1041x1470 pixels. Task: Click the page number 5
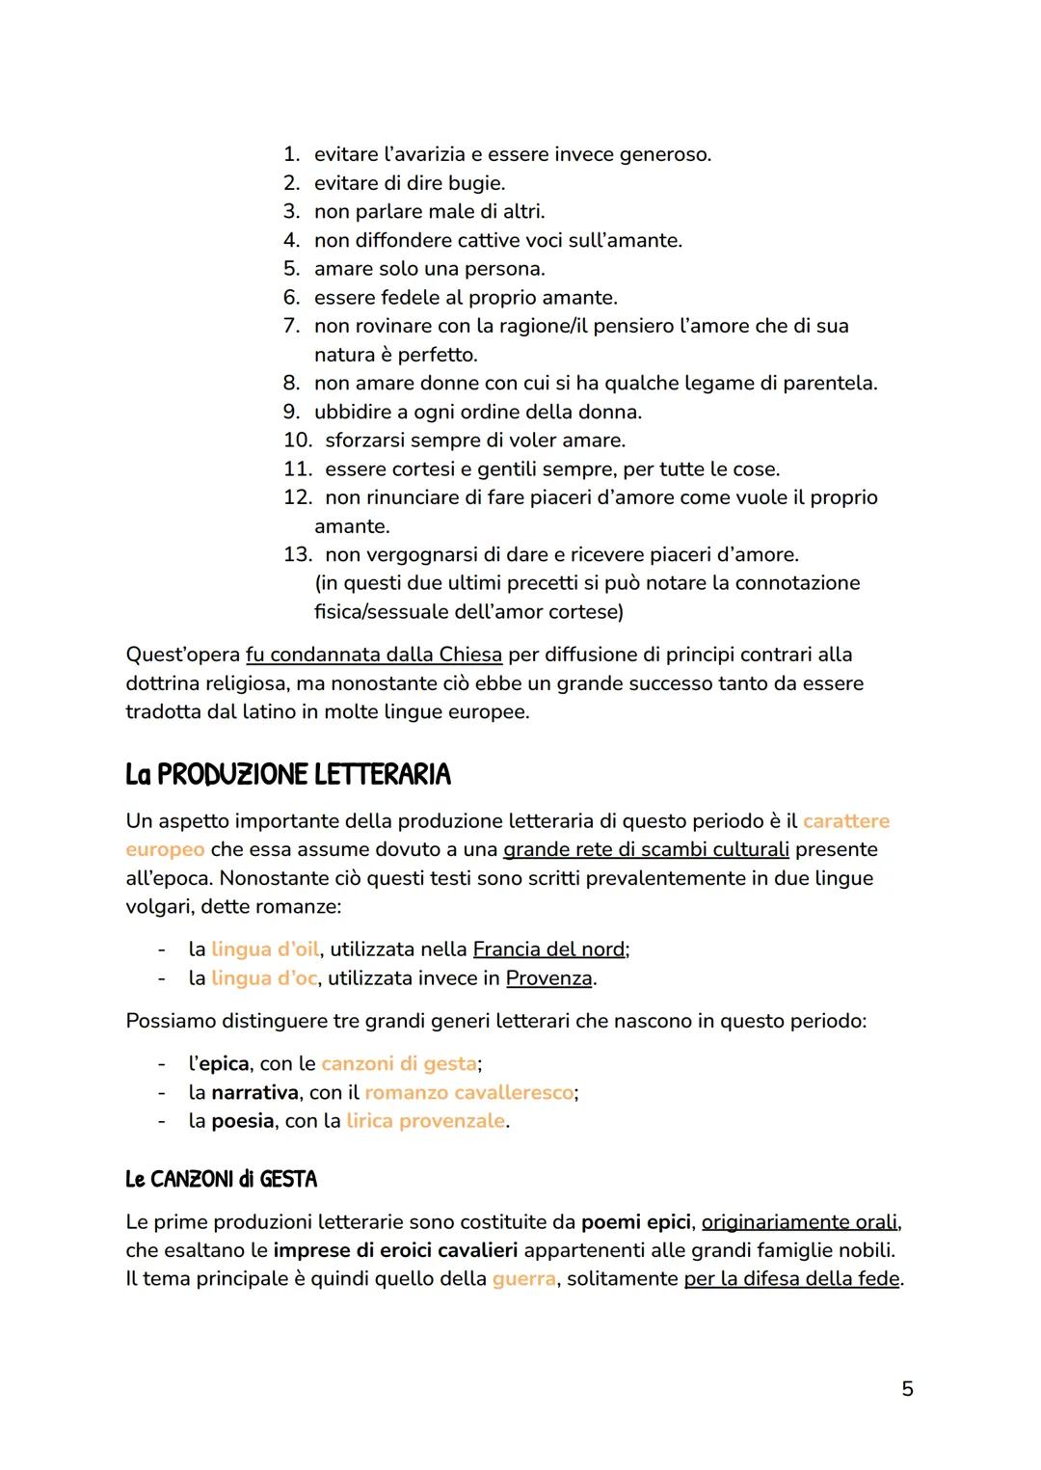(x=906, y=1389)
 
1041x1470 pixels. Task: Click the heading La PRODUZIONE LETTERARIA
(x=287, y=774)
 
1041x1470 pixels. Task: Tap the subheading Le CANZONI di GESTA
(x=221, y=1179)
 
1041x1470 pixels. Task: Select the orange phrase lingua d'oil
(x=265, y=949)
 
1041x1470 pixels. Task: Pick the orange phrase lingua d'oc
(x=264, y=978)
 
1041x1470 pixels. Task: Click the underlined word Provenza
(x=548, y=978)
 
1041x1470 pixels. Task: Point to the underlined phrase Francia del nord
(x=548, y=949)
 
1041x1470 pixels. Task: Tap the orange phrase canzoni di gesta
(x=399, y=1063)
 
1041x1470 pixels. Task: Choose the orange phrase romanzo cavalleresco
(x=468, y=1092)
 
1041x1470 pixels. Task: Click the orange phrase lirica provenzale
(x=425, y=1121)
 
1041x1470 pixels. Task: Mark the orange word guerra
(x=523, y=1279)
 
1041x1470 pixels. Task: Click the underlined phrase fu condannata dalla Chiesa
(x=374, y=655)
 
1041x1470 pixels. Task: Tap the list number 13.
(x=296, y=555)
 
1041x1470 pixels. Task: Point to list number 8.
(x=291, y=384)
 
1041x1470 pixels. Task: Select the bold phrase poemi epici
(x=635, y=1222)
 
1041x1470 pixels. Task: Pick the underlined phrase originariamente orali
(x=799, y=1222)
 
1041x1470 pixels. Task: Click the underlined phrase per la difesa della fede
(x=791, y=1279)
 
